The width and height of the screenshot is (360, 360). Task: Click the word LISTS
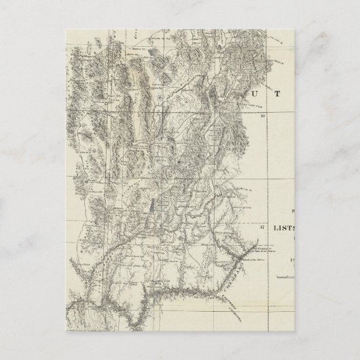tap(286, 229)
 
